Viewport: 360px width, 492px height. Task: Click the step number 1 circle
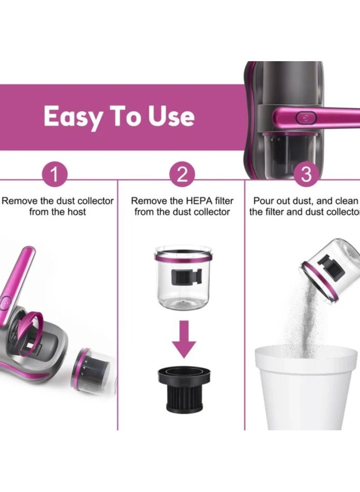pyautogui.click(x=54, y=174)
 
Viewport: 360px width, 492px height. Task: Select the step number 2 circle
pyautogui.click(x=182, y=174)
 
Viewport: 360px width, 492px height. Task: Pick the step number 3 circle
pyautogui.click(x=306, y=174)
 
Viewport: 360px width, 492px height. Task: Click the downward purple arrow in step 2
pyautogui.click(x=184, y=340)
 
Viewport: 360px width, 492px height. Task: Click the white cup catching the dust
pyautogui.click(x=306, y=387)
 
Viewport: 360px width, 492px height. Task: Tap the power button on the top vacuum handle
pyautogui.click(x=306, y=117)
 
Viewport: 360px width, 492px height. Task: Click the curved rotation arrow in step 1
pyautogui.click(x=31, y=333)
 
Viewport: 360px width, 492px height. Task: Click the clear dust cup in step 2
pyautogui.click(x=183, y=278)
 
